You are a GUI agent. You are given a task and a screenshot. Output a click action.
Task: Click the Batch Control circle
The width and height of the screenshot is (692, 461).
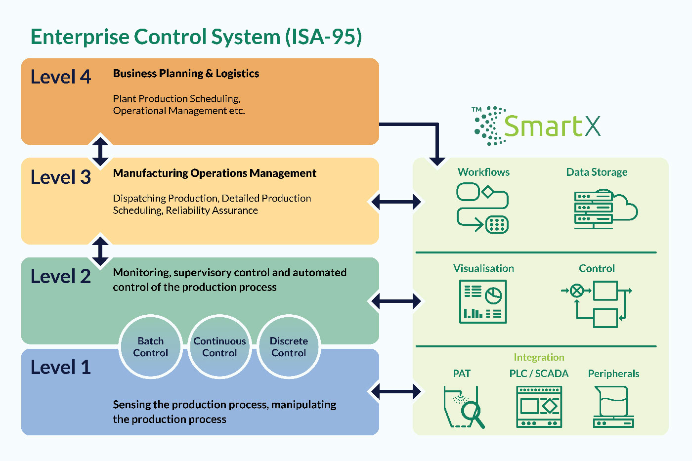[150, 346]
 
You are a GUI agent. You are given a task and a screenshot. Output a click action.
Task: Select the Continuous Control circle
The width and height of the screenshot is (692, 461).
[219, 346]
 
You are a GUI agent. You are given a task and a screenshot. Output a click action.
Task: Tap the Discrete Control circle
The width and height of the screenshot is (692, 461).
[289, 346]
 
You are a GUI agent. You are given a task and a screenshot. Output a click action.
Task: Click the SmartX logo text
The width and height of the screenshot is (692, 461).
[553, 126]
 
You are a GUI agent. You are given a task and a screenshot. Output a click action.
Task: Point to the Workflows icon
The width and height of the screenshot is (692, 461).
[482, 208]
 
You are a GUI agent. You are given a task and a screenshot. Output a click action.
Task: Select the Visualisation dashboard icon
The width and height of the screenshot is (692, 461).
[483, 301]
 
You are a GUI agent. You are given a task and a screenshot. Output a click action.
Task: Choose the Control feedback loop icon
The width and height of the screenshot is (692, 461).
[597, 304]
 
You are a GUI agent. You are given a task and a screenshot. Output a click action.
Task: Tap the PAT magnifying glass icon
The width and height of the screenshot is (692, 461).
[464, 407]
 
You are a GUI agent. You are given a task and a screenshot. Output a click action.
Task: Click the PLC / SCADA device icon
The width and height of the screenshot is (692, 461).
[539, 407]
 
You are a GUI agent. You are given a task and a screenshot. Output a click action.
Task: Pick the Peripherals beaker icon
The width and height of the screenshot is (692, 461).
[613, 407]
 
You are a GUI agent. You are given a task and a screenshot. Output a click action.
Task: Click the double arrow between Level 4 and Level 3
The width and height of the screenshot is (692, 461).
[100, 151]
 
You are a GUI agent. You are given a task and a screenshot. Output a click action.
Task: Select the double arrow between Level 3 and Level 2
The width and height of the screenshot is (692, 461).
[100, 251]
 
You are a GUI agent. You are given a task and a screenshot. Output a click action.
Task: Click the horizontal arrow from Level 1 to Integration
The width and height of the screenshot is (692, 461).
[396, 391]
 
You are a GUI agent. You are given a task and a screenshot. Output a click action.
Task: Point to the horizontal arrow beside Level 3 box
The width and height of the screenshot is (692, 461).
[396, 202]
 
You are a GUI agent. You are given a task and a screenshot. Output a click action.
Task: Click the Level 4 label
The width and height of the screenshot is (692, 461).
[60, 77]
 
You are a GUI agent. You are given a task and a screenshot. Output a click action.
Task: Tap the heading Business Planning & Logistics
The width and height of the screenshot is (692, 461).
[186, 74]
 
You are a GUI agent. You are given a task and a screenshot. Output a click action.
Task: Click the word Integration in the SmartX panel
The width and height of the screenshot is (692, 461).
[539, 357]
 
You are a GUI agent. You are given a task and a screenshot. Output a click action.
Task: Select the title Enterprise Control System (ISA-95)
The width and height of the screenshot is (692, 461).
[196, 37]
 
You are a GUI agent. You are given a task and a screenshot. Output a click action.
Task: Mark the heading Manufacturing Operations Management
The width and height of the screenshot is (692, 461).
[215, 173]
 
